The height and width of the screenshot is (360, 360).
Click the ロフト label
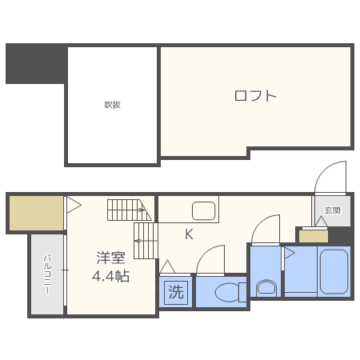coord(255,96)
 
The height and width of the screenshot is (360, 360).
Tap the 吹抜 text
coord(112,105)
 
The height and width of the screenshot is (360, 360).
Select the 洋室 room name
coord(111,258)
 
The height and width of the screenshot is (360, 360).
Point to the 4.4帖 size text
coord(111,276)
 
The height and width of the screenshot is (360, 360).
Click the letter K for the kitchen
coord(190,234)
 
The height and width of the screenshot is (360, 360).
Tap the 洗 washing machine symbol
coord(175,292)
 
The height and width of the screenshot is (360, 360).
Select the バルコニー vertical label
coord(47,273)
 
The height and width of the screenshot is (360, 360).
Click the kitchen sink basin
coord(203,212)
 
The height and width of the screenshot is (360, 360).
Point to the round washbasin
coord(266,286)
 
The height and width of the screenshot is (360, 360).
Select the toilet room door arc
coord(211,260)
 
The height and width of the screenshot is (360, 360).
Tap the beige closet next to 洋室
coord(36,213)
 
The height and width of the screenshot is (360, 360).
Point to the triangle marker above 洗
coord(167,266)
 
